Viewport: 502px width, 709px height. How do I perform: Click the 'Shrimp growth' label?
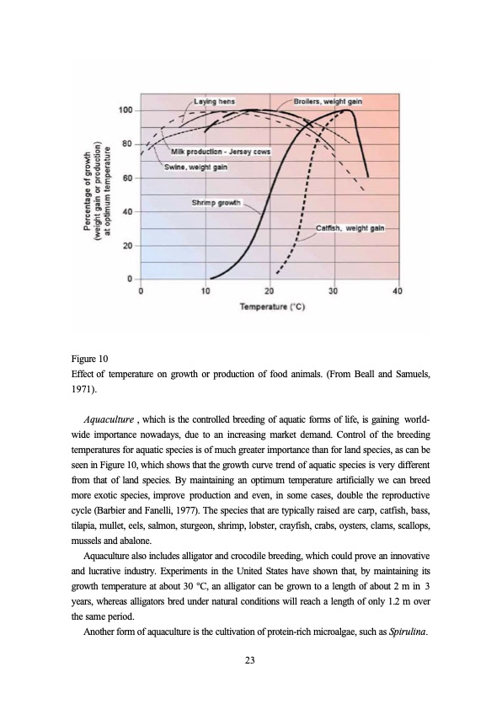point(217,202)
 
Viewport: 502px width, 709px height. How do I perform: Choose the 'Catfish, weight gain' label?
point(351,228)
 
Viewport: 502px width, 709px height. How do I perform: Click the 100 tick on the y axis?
point(125,110)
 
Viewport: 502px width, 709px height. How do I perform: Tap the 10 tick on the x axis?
point(206,291)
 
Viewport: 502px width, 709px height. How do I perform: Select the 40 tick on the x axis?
point(398,291)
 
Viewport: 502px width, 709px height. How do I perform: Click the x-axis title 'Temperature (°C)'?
point(272,308)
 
